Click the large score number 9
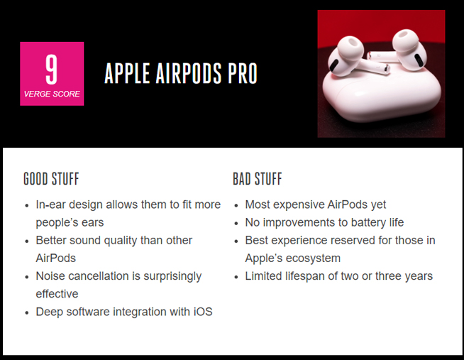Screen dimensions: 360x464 pyautogui.click(x=51, y=70)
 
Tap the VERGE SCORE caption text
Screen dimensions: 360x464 pyautogui.click(x=52, y=94)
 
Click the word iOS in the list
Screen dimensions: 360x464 pyautogui.click(x=202, y=312)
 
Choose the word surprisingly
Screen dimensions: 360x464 pyautogui.click(x=168, y=276)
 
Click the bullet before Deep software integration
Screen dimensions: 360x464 pyautogui.click(x=26, y=312)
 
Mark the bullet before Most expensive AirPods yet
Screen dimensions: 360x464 pyautogui.click(x=236, y=205)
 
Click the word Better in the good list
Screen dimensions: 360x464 pyautogui.click(x=53, y=241)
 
